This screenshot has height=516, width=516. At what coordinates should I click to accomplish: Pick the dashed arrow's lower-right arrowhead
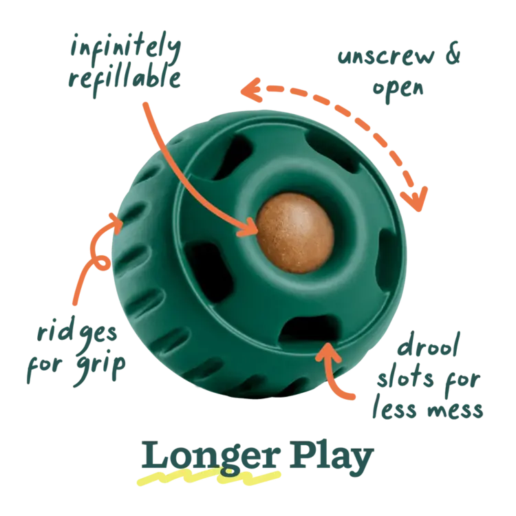tap(413, 196)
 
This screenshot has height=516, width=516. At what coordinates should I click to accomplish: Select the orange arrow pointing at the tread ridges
tap(89, 261)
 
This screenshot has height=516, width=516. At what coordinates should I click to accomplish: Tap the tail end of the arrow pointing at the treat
tap(142, 107)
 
